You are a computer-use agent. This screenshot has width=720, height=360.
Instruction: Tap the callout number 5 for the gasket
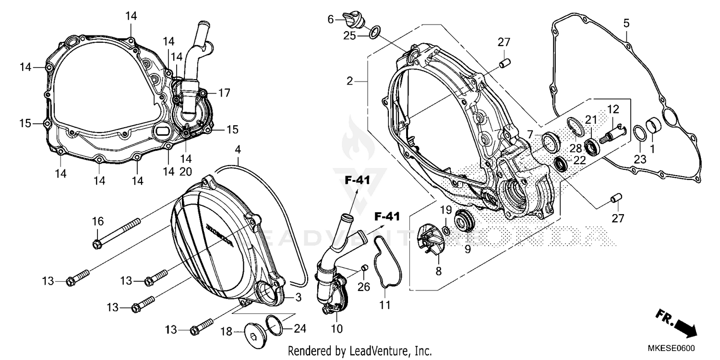pos(626,23)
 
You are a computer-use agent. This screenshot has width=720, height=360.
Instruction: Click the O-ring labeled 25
pos(375,32)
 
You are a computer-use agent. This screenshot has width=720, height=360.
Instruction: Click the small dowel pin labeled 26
pos(364,267)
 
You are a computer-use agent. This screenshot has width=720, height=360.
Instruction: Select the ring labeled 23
pos(640,132)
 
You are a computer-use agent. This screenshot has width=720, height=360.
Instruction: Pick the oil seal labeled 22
pos(560,164)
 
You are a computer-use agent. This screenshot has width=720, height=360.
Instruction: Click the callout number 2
pos(350,82)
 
